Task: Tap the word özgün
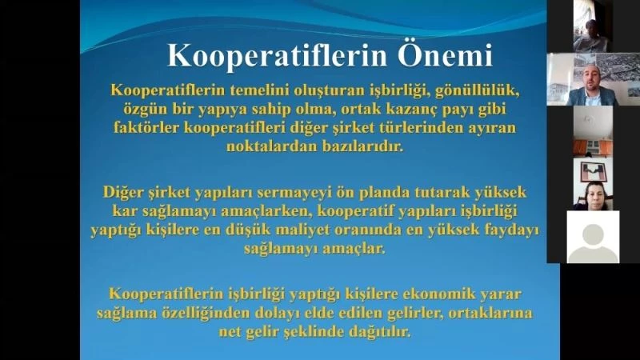150,107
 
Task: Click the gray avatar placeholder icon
593,238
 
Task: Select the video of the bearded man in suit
593,80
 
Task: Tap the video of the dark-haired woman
593,193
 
